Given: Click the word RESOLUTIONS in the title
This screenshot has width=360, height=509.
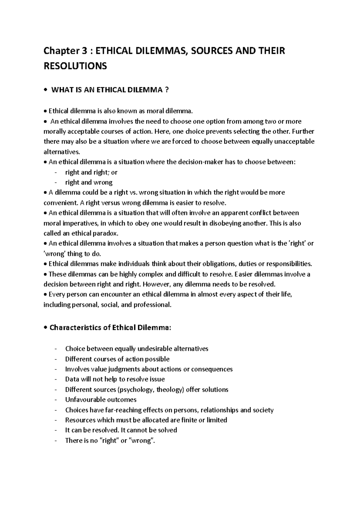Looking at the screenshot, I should click(75, 66).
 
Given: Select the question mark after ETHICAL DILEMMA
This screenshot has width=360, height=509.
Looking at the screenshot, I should click(167, 90).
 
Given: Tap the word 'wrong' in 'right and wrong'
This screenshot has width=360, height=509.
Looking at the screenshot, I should click(103, 182).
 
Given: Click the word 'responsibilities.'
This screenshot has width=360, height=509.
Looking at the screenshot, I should click(289, 264).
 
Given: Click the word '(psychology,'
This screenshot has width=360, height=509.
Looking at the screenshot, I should click(137, 390).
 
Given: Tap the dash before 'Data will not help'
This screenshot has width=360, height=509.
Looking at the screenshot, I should click(56, 379).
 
